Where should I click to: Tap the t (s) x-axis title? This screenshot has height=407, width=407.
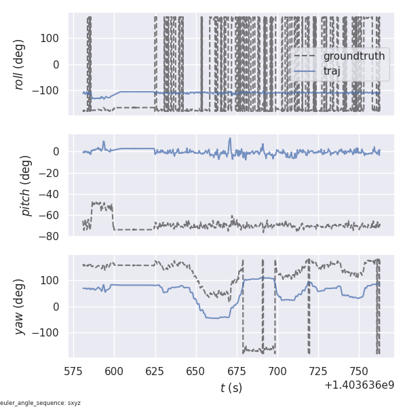[x=231, y=388]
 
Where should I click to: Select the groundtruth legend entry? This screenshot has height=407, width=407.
[x=353, y=56]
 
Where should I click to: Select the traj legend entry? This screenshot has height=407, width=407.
[x=332, y=71]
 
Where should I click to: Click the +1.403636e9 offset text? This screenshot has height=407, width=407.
[x=359, y=385]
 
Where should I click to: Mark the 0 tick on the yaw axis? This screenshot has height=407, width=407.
[x=58, y=307]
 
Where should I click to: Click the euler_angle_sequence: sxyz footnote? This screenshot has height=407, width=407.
[x=41, y=403]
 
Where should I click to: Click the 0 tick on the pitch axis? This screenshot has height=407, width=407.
[x=58, y=151]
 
